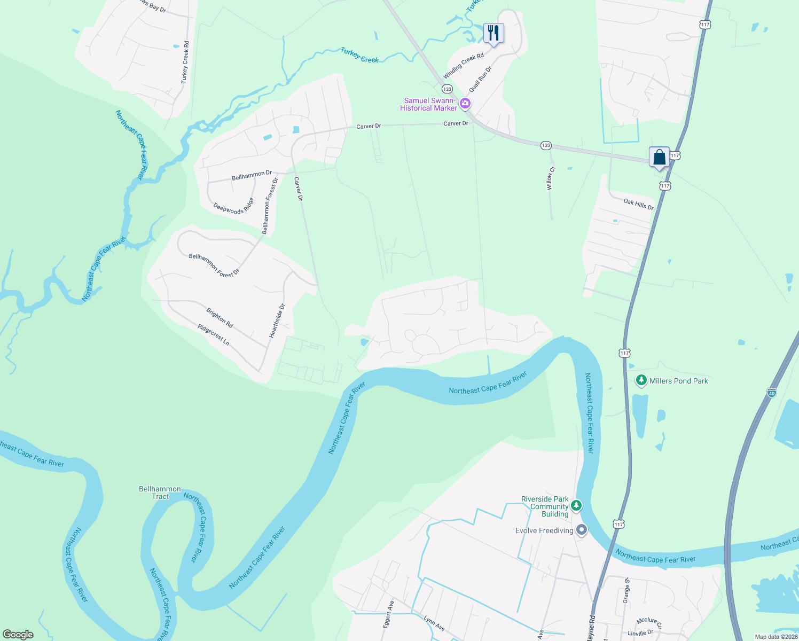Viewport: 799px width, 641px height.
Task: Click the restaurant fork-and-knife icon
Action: [x=493, y=33]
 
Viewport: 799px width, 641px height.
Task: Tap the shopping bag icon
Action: [x=659, y=157]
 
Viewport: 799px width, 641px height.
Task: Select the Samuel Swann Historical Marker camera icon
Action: [x=465, y=103]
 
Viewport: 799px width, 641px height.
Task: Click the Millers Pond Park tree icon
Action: [x=641, y=380]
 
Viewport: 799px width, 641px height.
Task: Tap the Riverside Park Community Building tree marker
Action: [x=576, y=505]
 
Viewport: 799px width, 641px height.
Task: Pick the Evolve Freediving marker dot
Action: [x=582, y=530]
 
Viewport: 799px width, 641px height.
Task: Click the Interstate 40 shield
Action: [x=771, y=393]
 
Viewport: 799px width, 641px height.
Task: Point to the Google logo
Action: [x=18, y=635]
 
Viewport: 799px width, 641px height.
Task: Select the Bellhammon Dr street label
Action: [x=252, y=175]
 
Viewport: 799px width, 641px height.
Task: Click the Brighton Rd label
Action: [x=220, y=317]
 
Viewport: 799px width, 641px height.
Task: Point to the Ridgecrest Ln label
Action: [x=213, y=334]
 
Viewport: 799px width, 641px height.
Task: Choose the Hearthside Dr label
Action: [x=277, y=320]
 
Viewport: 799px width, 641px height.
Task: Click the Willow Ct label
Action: [x=550, y=178]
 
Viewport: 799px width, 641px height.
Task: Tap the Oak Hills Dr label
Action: [x=638, y=204]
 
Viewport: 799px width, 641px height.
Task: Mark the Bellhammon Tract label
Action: [x=160, y=493]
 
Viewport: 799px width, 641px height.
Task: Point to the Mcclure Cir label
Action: [x=649, y=622]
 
